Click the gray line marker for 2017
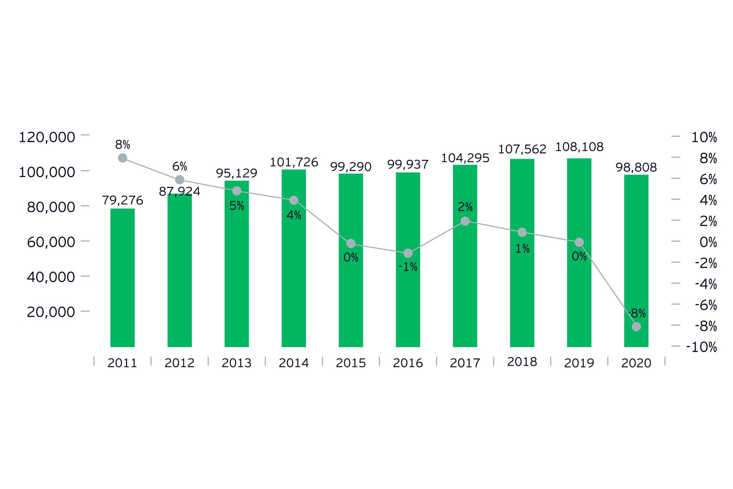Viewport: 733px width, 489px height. tap(465, 221)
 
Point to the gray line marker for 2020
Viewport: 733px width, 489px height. tap(636, 327)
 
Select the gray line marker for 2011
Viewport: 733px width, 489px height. tap(122, 158)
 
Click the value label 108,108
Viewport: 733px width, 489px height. tap(579, 147)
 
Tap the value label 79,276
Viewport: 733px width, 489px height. tap(122, 200)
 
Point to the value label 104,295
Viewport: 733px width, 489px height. tap(465, 158)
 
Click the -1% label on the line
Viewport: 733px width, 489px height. tap(408, 267)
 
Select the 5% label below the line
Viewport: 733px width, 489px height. tap(237, 206)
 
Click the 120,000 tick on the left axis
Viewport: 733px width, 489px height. tap(47, 137)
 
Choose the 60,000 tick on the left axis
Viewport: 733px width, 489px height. tap(51, 242)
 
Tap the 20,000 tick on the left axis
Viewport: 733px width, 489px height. tap(51, 312)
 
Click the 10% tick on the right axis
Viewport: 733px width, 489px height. tap(704, 137)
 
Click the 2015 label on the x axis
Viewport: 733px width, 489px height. tap(351, 363)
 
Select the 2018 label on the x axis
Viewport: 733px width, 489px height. tap(522, 362)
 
